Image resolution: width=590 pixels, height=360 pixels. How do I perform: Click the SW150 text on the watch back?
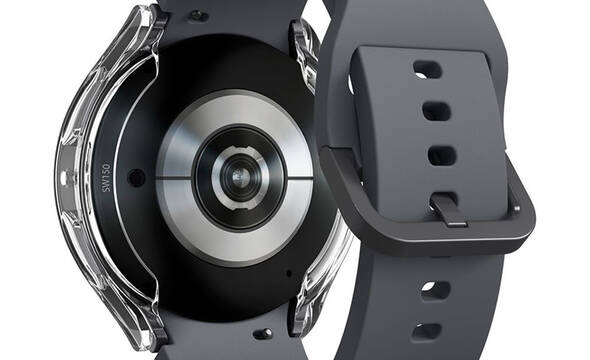click(x=106, y=178)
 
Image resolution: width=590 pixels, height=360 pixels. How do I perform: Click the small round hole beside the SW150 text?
click(x=136, y=178)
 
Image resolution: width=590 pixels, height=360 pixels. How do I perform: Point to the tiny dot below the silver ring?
click(x=289, y=273)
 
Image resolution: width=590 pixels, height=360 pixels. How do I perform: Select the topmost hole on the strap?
click(x=427, y=70)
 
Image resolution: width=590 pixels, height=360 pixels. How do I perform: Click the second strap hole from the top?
click(x=436, y=111)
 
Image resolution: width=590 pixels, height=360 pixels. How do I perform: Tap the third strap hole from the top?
click(x=442, y=156)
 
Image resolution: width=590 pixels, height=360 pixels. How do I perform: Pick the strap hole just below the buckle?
click(x=436, y=290)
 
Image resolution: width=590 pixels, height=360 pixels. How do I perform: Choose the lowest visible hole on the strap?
click(x=427, y=331)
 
